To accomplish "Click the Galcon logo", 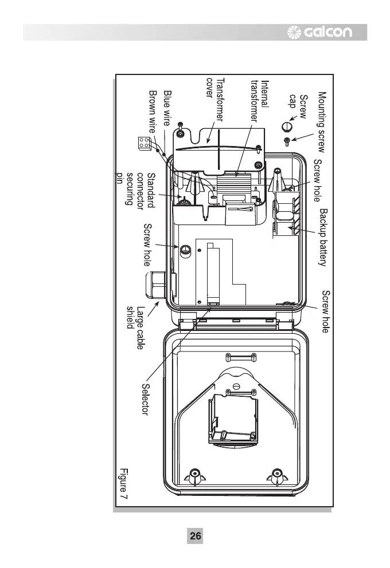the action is click(328, 32).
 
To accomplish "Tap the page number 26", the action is click(195, 536).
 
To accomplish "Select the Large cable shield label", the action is click(136, 327).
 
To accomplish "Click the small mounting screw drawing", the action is click(287, 140).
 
